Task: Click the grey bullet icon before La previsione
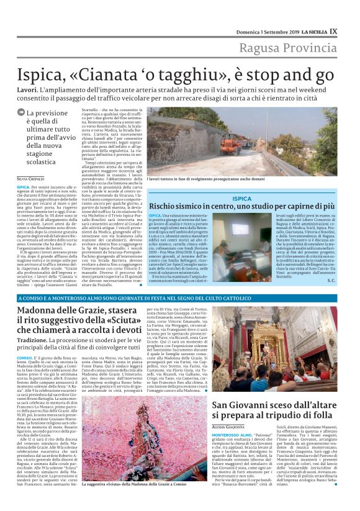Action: [x=21, y=113]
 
